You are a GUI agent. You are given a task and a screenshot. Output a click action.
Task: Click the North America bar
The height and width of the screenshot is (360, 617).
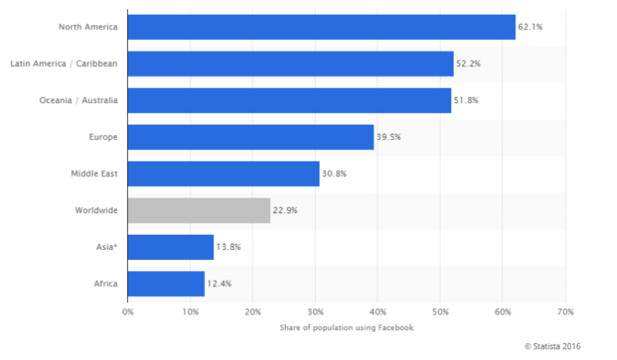tap(321, 27)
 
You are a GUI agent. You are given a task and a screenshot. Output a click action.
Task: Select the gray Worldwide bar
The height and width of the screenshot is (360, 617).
tap(199, 210)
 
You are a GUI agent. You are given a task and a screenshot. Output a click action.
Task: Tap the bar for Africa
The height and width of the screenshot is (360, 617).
tap(166, 283)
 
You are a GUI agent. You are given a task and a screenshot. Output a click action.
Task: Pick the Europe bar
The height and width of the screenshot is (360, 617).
tap(250, 137)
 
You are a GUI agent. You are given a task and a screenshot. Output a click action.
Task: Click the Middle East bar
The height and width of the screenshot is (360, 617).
tap(223, 173)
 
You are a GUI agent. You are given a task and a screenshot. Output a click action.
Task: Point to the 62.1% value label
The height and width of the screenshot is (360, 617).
tap(530, 27)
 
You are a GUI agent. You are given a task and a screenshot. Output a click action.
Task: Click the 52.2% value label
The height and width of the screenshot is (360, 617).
tap(468, 64)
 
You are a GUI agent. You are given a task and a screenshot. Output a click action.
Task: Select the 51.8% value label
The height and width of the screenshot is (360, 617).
tap(466, 101)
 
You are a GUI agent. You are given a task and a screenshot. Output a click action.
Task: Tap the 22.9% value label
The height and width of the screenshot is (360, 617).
tap(285, 210)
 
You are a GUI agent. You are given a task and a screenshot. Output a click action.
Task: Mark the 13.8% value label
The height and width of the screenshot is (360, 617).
tap(228, 247)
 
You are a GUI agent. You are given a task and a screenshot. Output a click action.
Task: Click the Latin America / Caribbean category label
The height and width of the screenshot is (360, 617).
tap(64, 64)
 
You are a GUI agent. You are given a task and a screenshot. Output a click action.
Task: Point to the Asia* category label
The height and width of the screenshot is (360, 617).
tap(106, 247)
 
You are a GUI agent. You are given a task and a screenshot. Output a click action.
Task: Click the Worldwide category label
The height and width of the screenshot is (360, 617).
tap(96, 210)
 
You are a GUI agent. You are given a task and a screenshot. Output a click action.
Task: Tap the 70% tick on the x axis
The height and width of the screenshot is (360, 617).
tap(565, 312)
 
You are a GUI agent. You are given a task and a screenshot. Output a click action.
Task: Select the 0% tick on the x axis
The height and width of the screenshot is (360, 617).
tap(127, 312)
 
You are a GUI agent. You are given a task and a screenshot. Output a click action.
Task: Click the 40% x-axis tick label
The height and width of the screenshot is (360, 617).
tap(377, 312)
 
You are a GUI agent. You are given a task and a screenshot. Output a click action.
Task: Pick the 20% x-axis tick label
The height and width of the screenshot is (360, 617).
tap(252, 312)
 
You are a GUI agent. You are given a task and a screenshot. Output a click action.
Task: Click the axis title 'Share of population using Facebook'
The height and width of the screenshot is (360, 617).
tap(346, 327)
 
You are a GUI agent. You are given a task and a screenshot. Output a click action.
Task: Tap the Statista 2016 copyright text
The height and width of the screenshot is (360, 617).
tap(552, 346)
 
